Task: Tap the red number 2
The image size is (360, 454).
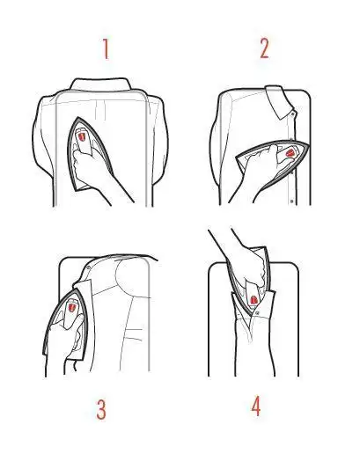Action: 263,48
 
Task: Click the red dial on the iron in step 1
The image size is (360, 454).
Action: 81,138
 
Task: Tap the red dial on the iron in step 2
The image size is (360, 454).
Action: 288,154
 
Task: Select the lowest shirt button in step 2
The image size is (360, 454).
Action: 291,201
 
